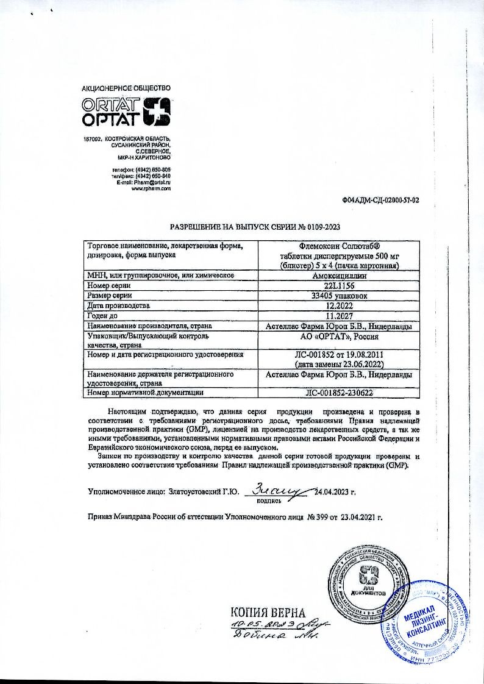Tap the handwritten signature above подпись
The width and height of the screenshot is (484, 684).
click(281, 488)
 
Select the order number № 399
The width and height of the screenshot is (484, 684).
click(314, 518)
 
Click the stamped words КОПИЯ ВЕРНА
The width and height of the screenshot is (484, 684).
click(266, 612)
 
